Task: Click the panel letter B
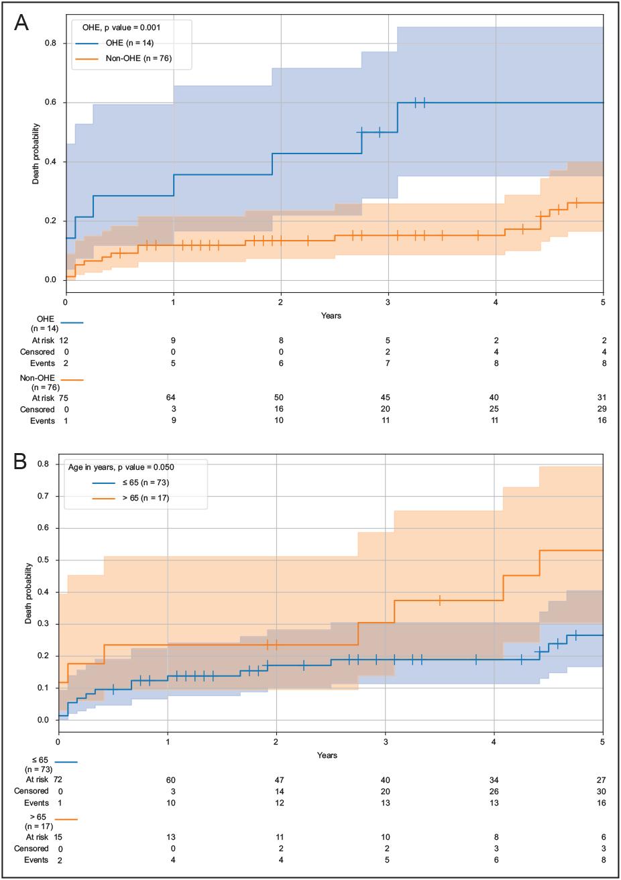click(x=21, y=462)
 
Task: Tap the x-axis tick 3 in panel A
click(x=388, y=303)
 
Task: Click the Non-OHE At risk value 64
click(x=174, y=397)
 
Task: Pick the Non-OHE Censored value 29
click(x=602, y=409)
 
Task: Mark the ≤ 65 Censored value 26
click(x=494, y=791)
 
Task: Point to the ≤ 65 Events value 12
click(x=276, y=803)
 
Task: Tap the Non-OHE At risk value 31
click(x=602, y=397)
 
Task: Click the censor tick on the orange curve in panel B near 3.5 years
click(x=440, y=601)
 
